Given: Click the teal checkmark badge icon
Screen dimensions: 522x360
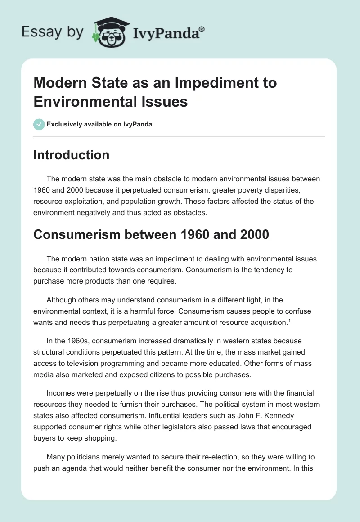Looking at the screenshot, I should tap(39, 124).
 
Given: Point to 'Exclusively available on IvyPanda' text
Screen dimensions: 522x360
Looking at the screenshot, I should tap(99, 124).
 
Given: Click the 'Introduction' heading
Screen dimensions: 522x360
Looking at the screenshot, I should tap(71, 155).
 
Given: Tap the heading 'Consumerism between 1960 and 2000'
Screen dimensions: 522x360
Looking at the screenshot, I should tap(151, 234).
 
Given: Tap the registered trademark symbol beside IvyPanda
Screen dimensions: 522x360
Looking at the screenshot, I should tap(202, 29).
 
